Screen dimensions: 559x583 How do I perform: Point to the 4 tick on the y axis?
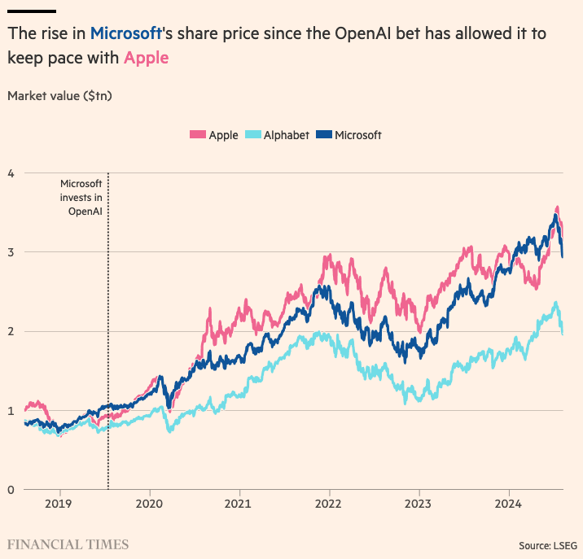(x=11, y=173)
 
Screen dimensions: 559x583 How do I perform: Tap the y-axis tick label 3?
(x=11, y=251)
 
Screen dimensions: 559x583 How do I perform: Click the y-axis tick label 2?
(x=11, y=331)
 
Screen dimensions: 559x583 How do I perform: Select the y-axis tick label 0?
(x=11, y=489)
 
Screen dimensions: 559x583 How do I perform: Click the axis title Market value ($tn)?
(x=59, y=96)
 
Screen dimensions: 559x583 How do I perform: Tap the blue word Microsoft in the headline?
(x=126, y=34)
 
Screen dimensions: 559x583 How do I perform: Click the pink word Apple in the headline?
(x=147, y=59)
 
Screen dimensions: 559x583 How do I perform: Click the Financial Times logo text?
(x=68, y=544)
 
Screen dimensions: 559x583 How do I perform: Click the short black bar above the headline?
(x=31, y=11)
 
